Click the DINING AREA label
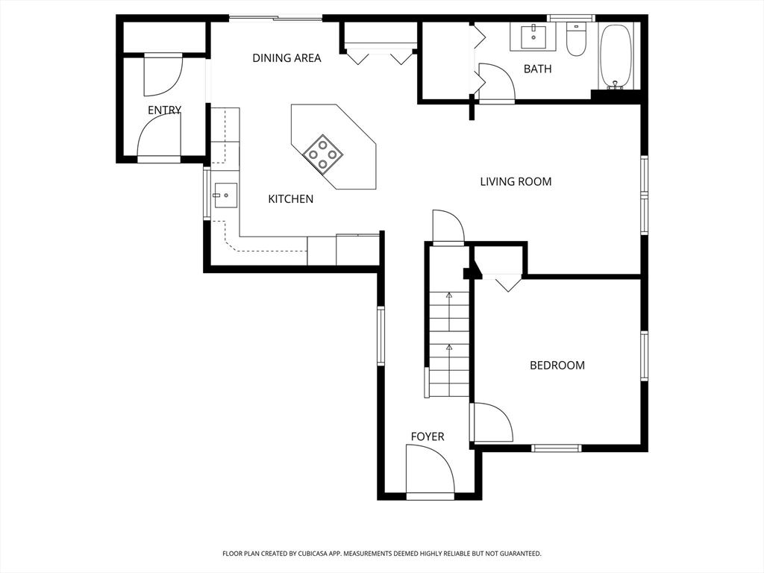(x=286, y=58)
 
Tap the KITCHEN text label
(x=290, y=198)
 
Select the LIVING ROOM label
(x=516, y=182)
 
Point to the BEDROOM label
(x=557, y=365)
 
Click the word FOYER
(x=428, y=436)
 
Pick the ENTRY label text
(x=165, y=110)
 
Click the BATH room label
(x=537, y=69)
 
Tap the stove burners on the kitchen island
(x=323, y=154)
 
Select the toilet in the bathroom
(x=576, y=39)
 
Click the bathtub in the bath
(x=616, y=56)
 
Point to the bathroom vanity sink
(x=533, y=37)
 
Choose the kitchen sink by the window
(x=225, y=195)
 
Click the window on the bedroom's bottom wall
(x=556, y=448)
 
